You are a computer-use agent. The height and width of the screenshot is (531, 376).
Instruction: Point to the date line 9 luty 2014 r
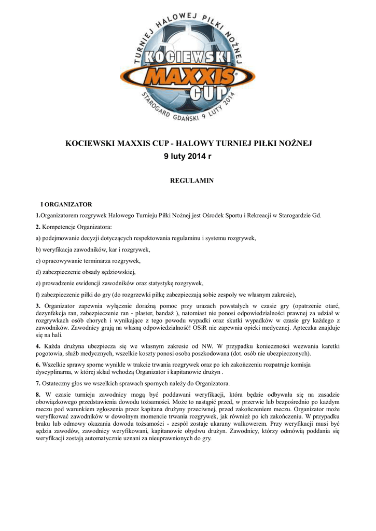click(188, 157)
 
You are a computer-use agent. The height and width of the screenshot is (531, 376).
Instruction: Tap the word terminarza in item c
click(97, 261)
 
